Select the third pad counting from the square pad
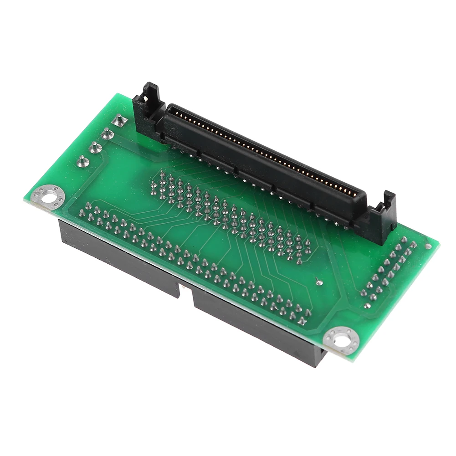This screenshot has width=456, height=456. click(95, 147)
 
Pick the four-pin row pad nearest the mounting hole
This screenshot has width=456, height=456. click(82, 160)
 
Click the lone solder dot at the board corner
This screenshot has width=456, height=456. click(428, 246)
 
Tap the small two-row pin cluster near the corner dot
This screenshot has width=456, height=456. click(387, 271)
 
